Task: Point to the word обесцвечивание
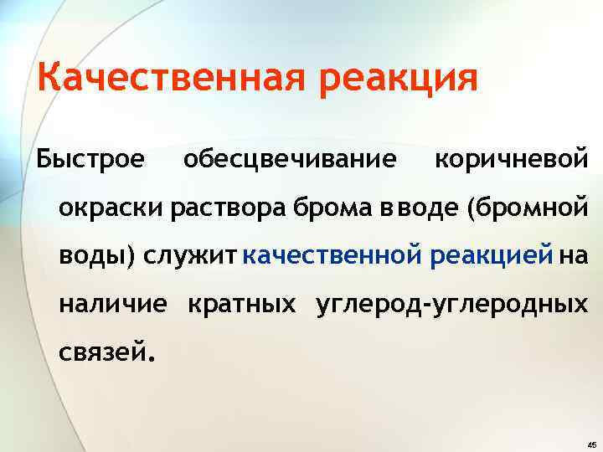coord(290,158)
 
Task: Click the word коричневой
coord(511,158)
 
